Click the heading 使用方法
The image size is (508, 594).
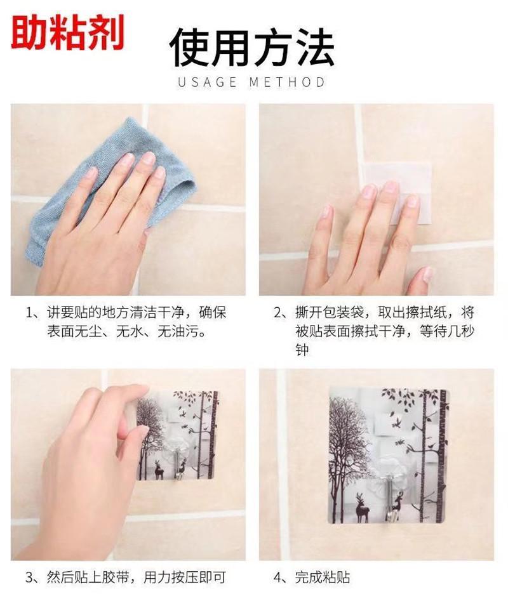point(251,48)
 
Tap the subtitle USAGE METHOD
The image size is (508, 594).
point(251,82)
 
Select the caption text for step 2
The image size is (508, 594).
point(375,331)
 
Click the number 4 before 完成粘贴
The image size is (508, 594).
point(277,577)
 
